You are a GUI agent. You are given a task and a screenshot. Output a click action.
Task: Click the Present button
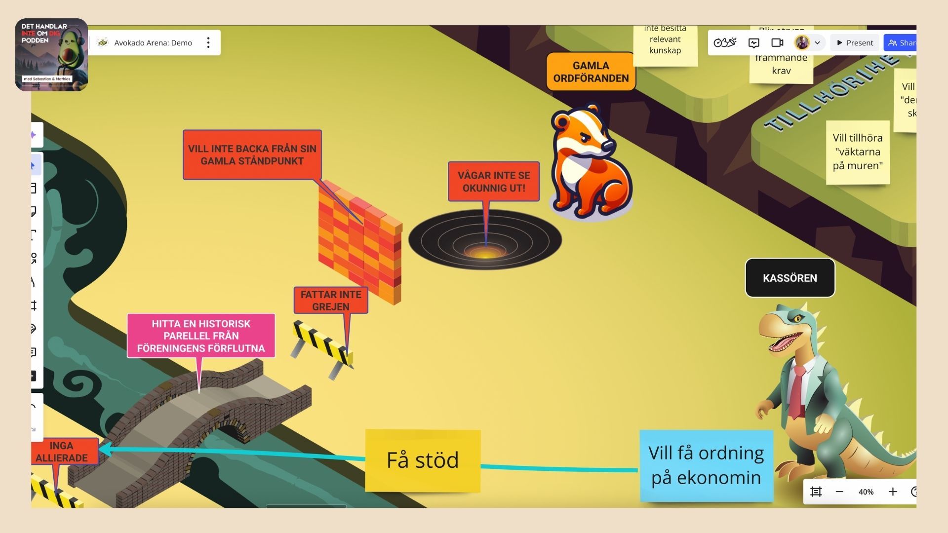tap(855, 43)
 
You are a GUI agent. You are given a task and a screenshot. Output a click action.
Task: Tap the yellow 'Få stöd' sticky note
tap(423, 460)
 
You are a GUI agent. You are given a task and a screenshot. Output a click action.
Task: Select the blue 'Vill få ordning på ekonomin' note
tap(706, 465)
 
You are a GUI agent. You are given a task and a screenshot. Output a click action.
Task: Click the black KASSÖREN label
tap(790, 278)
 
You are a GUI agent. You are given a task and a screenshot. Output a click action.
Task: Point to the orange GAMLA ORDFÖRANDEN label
tap(591, 72)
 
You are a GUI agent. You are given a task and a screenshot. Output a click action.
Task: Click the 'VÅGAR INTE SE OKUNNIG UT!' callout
tap(493, 182)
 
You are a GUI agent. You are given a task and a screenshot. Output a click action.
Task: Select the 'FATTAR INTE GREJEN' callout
tap(331, 300)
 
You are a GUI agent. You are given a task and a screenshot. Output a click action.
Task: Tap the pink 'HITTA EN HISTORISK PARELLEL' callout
tap(201, 336)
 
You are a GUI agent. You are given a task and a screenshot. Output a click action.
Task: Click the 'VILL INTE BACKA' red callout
tap(252, 154)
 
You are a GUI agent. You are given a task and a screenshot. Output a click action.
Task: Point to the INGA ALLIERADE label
tap(62, 452)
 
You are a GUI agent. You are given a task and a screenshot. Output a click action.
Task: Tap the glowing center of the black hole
tap(485, 253)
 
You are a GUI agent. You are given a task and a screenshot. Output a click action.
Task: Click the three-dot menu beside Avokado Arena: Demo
tap(208, 43)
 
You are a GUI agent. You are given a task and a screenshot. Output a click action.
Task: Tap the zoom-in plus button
tap(892, 492)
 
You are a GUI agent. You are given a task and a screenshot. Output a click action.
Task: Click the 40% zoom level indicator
tap(866, 492)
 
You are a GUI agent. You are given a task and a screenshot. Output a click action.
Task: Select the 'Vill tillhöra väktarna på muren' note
tap(858, 152)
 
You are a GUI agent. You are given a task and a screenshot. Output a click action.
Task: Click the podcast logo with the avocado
tap(51, 55)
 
